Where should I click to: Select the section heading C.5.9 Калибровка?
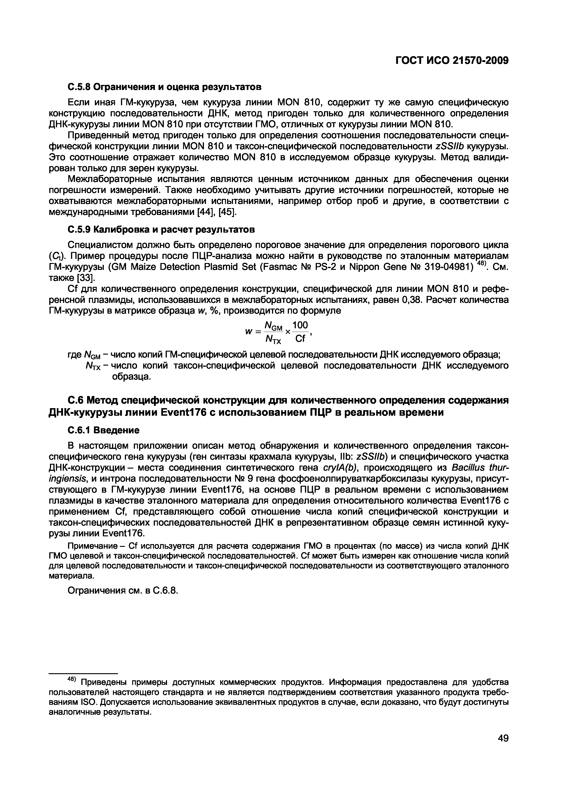point(161,229)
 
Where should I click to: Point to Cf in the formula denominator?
point(301,339)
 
